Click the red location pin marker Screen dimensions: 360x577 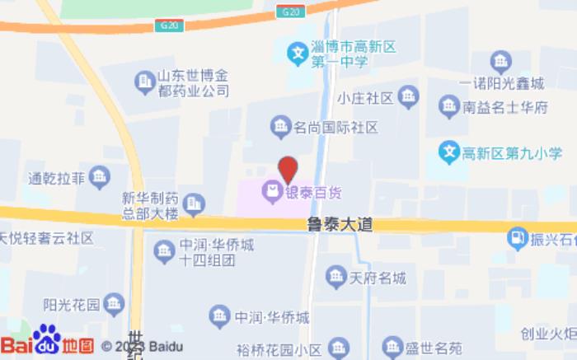(x=287, y=169)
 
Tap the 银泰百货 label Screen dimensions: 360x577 (x=314, y=193)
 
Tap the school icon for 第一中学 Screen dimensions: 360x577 (x=297, y=55)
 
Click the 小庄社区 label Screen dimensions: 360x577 (x=364, y=98)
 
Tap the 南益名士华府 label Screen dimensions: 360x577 (x=505, y=106)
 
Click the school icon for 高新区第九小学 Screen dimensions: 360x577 (x=448, y=152)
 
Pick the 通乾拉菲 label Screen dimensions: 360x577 (x=57, y=176)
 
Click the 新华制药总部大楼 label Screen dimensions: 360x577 (x=150, y=205)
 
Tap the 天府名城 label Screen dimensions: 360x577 (x=378, y=278)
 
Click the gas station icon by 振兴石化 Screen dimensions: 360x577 (x=517, y=238)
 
